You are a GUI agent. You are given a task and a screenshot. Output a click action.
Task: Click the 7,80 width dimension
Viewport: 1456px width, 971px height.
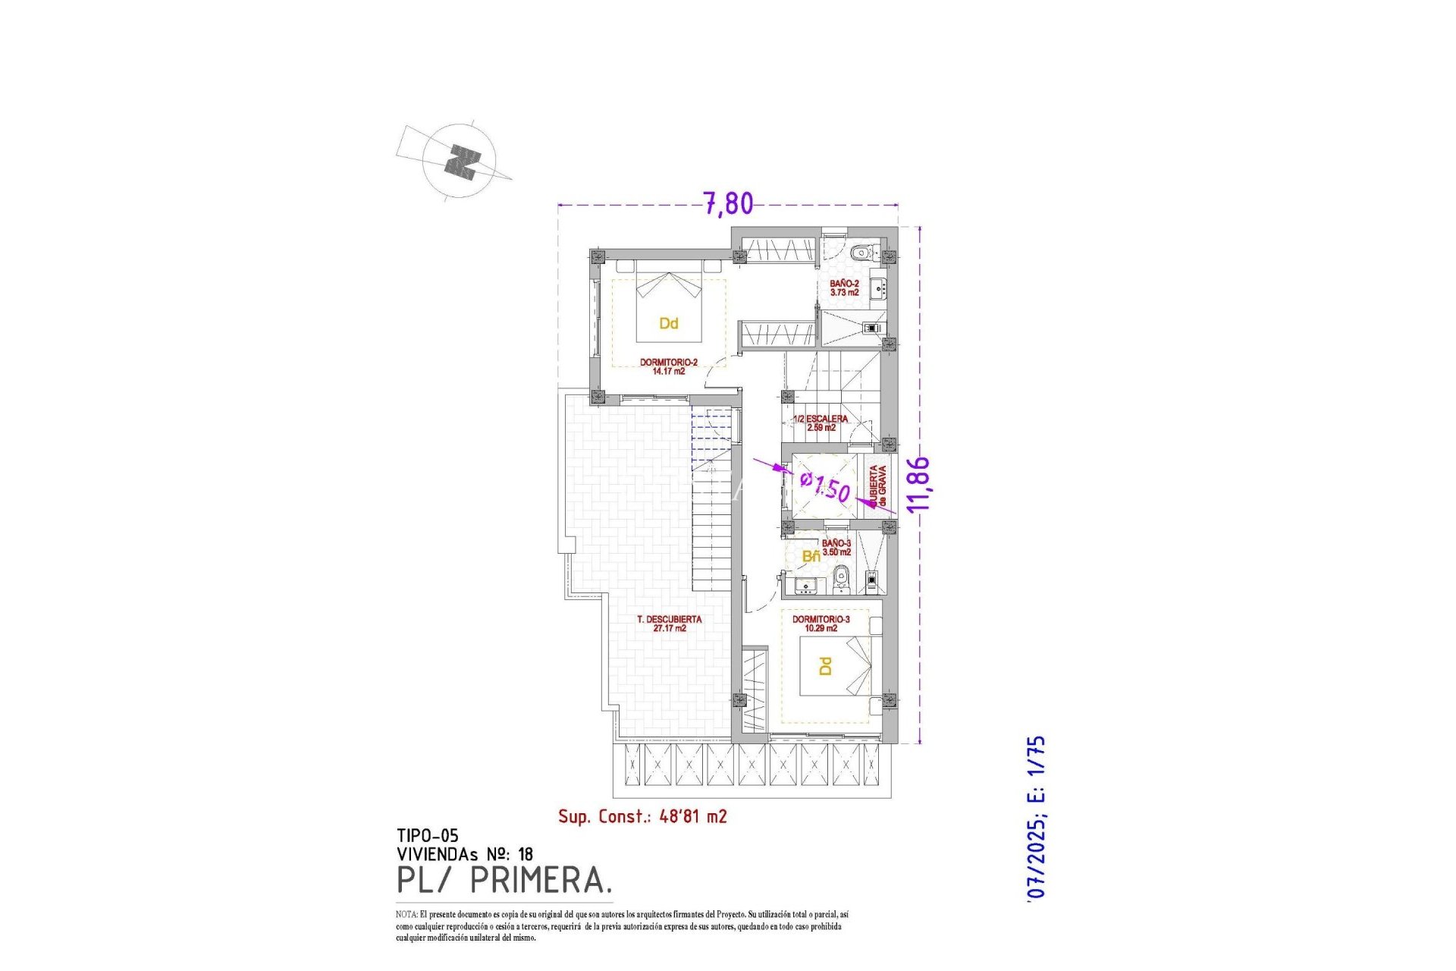(728, 203)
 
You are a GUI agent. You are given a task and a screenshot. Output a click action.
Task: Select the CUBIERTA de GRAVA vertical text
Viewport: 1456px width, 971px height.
(877, 486)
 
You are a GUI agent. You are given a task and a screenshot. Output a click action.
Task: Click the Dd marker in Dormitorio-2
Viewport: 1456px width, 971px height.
(668, 324)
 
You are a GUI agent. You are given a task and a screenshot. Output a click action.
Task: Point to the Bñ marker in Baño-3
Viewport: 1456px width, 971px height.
(811, 557)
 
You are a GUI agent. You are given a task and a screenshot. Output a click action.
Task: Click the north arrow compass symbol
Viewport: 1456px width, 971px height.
(460, 162)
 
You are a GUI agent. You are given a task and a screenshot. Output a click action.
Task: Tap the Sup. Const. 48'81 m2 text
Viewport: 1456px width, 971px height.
(642, 816)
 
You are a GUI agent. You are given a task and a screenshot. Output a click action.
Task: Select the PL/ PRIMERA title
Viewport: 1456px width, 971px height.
(504, 880)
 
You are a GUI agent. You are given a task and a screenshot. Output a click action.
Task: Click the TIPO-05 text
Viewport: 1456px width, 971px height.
(427, 836)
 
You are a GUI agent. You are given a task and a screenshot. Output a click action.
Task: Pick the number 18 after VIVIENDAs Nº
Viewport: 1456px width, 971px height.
(525, 855)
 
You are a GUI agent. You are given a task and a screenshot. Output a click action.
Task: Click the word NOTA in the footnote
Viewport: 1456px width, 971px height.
(406, 915)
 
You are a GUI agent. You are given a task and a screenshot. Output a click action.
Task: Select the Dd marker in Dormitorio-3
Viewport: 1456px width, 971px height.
(825, 666)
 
